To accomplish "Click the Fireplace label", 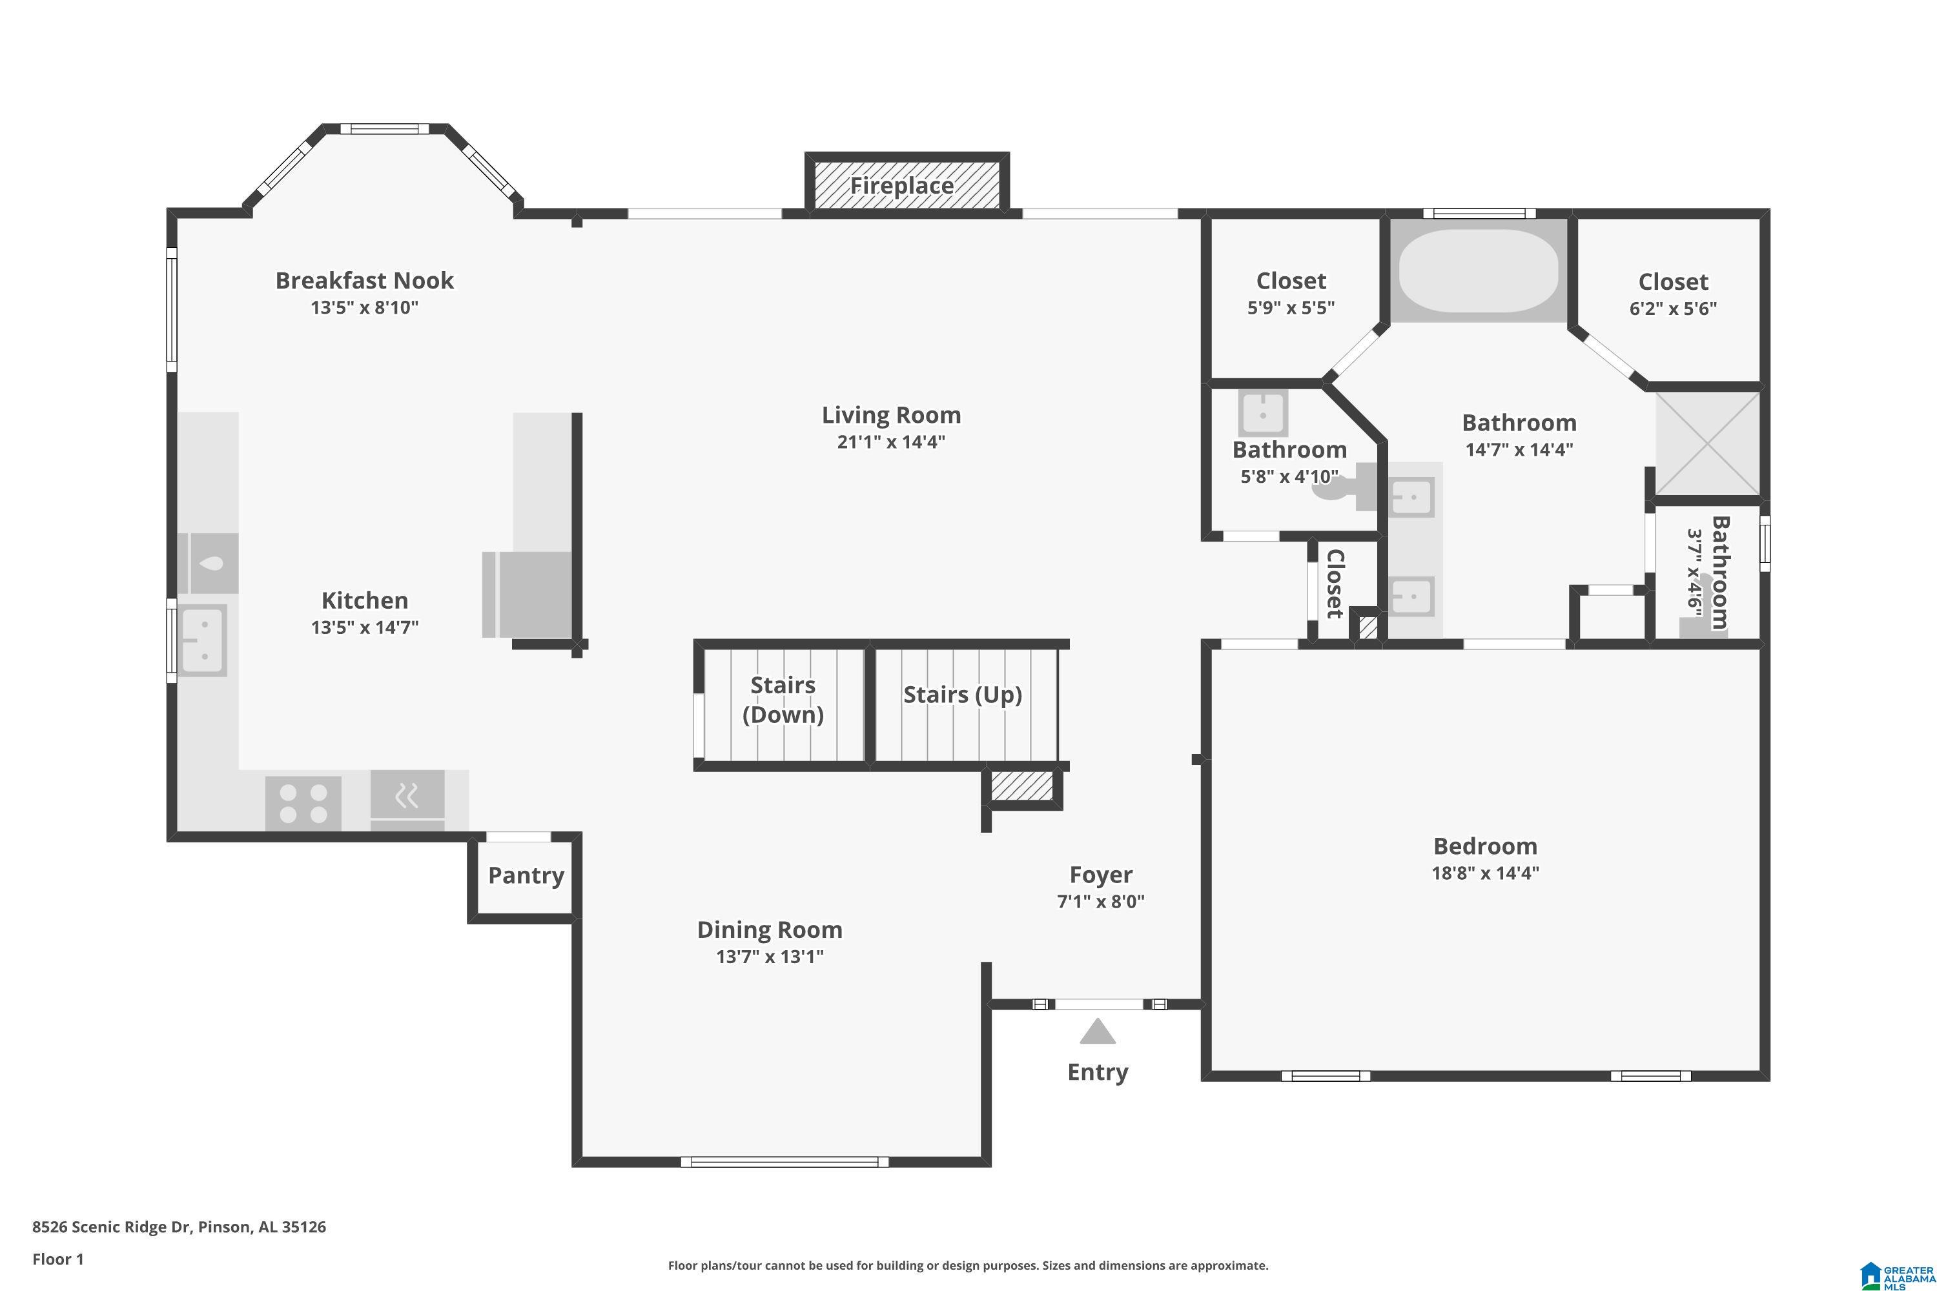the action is (902, 186).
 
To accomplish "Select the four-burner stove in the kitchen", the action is (303, 803).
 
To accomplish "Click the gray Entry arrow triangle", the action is (1097, 1031).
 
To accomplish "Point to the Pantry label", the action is (526, 875).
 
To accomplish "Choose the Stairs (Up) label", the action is (963, 695).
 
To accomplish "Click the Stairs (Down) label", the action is (783, 700).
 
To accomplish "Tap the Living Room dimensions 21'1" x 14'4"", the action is (891, 442).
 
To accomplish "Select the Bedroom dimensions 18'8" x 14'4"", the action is (1486, 873).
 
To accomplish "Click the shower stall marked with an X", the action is (1708, 445).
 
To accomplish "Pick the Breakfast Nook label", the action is (364, 281).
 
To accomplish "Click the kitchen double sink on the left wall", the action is (203, 640).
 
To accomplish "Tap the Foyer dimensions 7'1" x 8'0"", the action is (1100, 902).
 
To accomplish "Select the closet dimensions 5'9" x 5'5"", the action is (1291, 308).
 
